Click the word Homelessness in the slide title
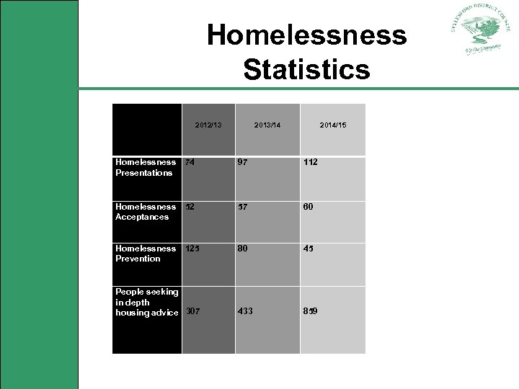coord(306,35)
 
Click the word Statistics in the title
coord(306,70)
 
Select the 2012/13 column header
coord(208,125)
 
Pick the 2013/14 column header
coord(267,125)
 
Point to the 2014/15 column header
coord(333,125)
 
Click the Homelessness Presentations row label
coord(146,167)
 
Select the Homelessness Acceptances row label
coord(146,211)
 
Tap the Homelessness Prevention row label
coord(146,253)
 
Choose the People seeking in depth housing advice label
coord(147,302)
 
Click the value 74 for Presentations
coord(190,162)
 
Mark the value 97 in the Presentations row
coord(244,162)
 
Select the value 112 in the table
coord(311,162)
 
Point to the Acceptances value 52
coord(190,206)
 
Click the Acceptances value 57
coord(244,206)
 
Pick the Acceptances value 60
coord(309,206)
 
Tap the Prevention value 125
coord(192,249)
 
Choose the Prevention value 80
coord(244,249)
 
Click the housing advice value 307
coord(193,311)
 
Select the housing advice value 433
coord(246,311)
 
